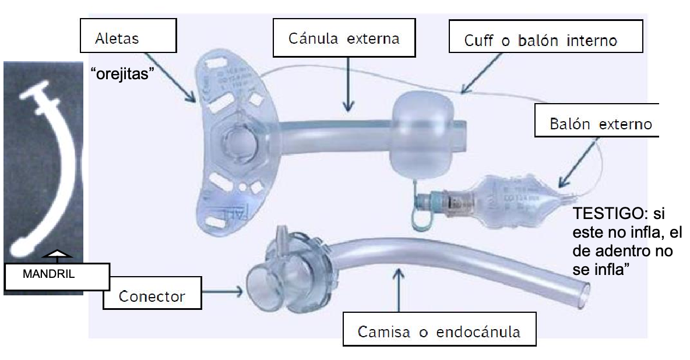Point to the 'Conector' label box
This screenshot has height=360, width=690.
click(152, 296)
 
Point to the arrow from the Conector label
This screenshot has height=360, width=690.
click(224, 288)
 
